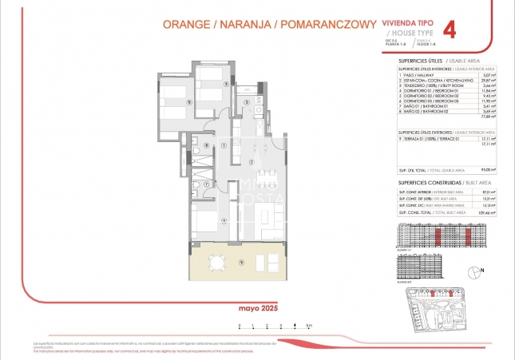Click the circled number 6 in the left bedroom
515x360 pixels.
click(188, 101)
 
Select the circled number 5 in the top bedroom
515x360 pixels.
click(226, 83)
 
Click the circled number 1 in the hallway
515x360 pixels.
click(225, 145)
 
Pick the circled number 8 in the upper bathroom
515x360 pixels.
click(206, 144)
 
